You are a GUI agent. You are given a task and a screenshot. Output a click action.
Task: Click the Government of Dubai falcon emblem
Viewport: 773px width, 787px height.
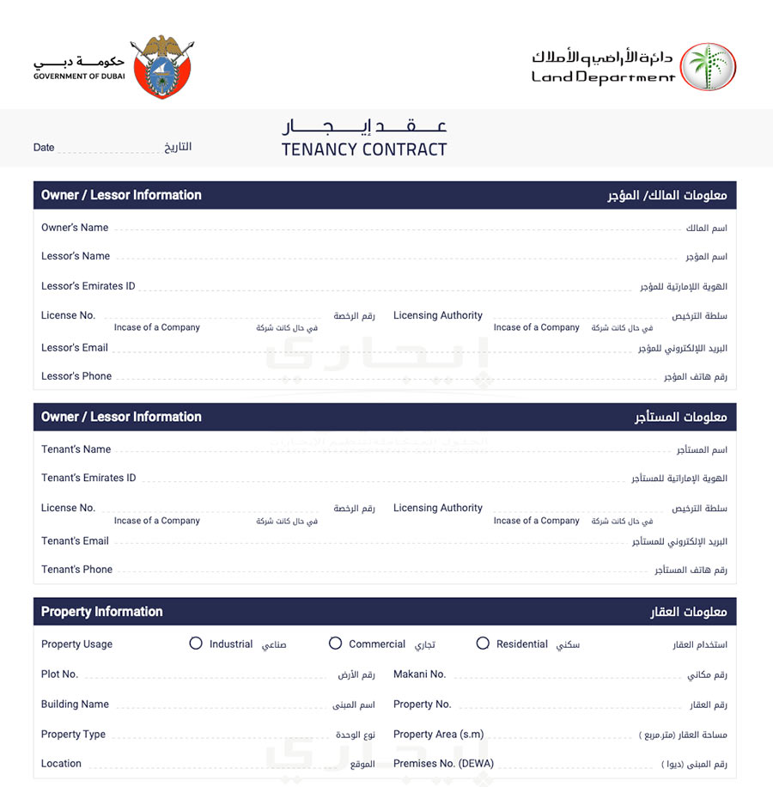point(162,67)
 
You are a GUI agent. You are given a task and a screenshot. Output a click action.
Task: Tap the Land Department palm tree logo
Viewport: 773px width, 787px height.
point(709,67)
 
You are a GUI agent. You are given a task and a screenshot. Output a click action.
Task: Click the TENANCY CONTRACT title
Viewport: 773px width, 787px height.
point(364,149)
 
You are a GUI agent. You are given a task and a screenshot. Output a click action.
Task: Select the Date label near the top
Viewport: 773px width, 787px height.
point(44,148)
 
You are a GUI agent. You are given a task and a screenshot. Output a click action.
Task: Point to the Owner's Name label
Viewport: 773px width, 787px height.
point(75,228)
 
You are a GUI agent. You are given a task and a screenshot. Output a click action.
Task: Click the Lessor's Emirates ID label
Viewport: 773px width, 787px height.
point(88,286)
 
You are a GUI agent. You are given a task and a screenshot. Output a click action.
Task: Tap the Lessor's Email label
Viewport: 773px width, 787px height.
point(75,348)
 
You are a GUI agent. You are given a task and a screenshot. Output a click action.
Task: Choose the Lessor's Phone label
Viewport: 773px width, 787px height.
point(76,376)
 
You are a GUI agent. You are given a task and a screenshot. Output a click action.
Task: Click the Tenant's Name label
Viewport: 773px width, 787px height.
point(76,449)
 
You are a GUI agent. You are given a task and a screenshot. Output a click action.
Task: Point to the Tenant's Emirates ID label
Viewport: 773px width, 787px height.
point(88,478)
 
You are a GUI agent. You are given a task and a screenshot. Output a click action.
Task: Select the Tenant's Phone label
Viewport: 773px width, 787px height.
point(77,570)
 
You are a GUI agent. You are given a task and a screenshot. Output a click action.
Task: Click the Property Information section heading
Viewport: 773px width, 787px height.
point(102,612)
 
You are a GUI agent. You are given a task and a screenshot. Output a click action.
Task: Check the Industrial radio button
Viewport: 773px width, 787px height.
point(196,644)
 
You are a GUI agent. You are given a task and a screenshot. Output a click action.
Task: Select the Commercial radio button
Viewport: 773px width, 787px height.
point(336,644)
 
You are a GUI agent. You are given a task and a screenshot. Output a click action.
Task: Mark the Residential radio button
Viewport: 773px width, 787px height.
point(483,644)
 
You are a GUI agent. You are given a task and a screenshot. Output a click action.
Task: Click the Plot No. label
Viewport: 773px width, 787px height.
point(60,674)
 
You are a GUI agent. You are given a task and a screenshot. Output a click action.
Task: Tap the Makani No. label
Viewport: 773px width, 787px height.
point(420,674)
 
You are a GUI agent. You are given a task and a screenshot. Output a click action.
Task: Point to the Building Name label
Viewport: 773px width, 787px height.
point(76,705)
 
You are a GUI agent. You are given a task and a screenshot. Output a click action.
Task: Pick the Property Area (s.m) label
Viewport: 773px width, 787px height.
point(439,735)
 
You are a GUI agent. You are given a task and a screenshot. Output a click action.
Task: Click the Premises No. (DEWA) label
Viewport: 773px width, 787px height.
point(444,764)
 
